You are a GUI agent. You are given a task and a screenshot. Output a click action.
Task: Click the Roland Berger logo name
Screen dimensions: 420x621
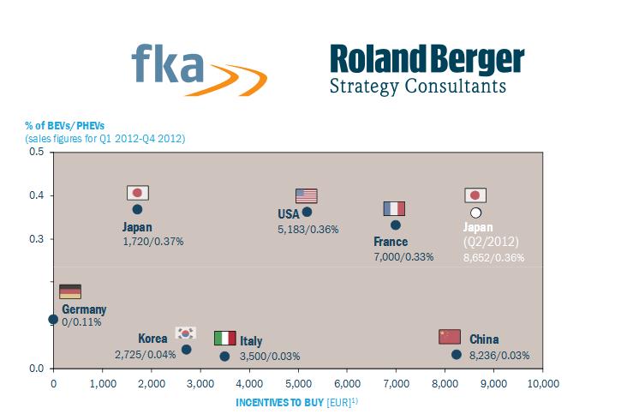tap(427, 61)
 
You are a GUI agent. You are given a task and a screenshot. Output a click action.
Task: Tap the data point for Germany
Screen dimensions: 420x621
tap(53, 319)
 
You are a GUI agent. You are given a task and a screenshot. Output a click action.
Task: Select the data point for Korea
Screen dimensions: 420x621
tap(186, 349)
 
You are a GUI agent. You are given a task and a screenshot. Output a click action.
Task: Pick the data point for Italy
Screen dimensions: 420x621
tap(224, 356)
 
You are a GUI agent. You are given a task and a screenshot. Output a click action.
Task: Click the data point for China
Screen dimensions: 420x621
tap(457, 354)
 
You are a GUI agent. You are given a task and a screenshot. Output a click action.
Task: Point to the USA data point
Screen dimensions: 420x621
tap(308, 211)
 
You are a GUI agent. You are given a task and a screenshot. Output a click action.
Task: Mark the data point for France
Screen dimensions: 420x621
tap(395, 225)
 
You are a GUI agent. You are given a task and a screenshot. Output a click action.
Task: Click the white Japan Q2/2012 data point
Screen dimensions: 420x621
tap(475, 212)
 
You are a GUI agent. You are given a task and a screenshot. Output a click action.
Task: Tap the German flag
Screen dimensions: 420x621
tap(69, 291)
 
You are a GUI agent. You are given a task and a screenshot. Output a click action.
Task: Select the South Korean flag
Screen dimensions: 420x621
tap(186, 333)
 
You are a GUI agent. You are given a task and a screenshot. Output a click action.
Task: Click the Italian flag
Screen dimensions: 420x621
tap(224, 339)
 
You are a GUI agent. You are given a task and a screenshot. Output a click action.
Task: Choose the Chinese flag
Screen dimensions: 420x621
tap(450, 336)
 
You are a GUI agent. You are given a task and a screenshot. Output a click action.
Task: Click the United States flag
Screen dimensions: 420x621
tap(307, 195)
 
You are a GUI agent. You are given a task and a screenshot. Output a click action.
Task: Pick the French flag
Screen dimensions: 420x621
tap(394, 208)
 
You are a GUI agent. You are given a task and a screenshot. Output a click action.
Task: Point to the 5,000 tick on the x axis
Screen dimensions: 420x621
tap(297, 382)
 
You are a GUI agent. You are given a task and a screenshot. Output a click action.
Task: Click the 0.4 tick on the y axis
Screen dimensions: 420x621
tap(36, 195)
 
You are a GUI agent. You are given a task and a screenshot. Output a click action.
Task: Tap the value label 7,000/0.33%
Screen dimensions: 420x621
tap(403, 256)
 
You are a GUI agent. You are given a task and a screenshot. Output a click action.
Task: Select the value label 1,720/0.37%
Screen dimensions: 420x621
tap(153, 242)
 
